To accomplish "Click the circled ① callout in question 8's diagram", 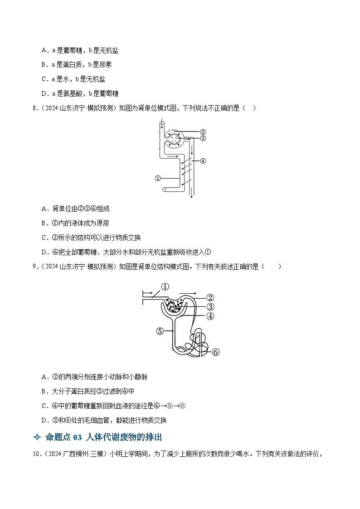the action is pyautogui.click(x=158, y=178).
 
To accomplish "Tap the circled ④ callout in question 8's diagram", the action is pyautogui.click(x=203, y=161).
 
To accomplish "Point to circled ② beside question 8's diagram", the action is pyautogui.click(x=203, y=132).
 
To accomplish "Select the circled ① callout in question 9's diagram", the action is pyautogui.click(x=165, y=287).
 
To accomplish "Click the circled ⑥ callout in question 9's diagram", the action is pyautogui.click(x=215, y=352).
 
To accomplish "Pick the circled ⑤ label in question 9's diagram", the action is pyautogui.click(x=160, y=331).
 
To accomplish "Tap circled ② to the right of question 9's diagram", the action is pyautogui.click(x=210, y=298).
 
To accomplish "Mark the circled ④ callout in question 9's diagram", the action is pyautogui.click(x=210, y=316).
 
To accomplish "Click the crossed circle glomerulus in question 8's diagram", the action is pyautogui.click(x=175, y=138).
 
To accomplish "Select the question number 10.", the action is pyautogui.click(x=36, y=454).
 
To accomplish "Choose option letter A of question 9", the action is pyautogui.click(x=44, y=377).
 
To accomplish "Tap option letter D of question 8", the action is pyautogui.click(x=44, y=252).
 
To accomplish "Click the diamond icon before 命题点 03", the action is pyautogui.click(x=37, y=437).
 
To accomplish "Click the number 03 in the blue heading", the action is pyautogui.click(x=77, y=437).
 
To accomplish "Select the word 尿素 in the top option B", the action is pyautogui.click(x=105, y=65).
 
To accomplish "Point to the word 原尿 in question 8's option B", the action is pyautogui.click(x=103, y=223).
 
